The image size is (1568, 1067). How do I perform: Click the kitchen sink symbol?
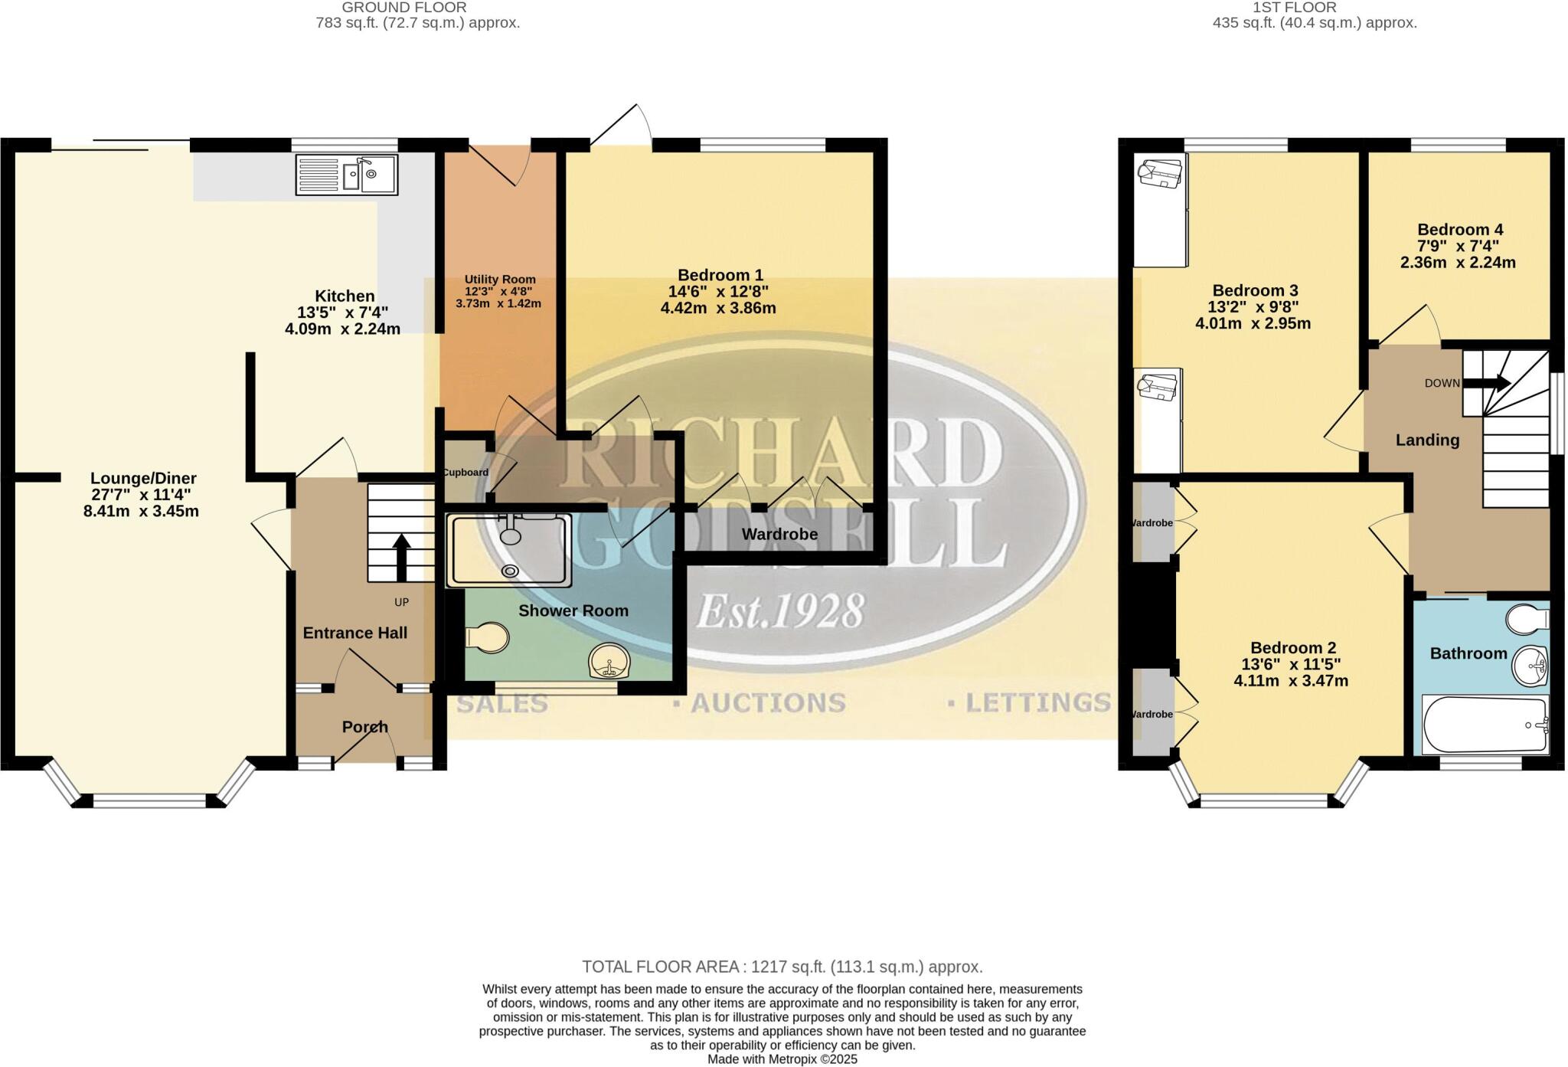point(346,175)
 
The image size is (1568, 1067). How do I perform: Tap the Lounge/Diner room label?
point(144,479)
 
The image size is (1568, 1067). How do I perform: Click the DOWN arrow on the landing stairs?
point(1487,383)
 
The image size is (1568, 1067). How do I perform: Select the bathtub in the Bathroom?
point(1485,725)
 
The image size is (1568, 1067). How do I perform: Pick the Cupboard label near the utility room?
point(465,473)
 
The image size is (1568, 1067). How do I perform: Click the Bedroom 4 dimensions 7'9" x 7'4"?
point(1459,246)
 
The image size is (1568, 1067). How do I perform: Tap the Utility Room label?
point(500,280)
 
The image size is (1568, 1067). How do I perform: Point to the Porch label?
point(364,727)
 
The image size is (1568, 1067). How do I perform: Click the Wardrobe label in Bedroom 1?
point(779,535)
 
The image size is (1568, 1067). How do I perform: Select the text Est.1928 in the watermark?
point(780,612)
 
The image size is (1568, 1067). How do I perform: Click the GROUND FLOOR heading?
point(403,8)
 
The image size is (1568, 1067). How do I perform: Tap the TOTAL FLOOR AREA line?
point(782,967)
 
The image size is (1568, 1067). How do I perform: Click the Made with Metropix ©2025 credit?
point(782,1059)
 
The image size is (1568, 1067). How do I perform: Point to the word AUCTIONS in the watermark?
point(767,703)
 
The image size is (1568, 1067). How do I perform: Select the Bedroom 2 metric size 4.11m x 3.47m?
point(1291,681)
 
